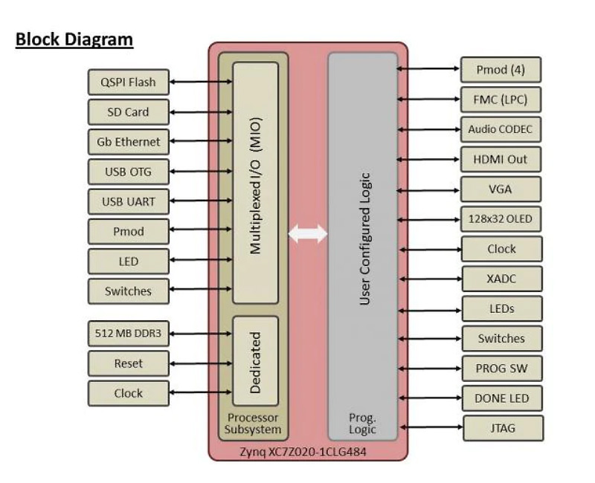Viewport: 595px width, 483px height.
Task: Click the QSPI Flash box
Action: (x=128, y=82)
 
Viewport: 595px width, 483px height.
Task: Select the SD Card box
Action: (x=128, y=112)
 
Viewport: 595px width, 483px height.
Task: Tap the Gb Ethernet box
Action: (x=128, y=142)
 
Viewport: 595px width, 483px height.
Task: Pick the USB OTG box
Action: (x=128, y=172)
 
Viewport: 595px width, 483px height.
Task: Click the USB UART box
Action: (x=128, y=201)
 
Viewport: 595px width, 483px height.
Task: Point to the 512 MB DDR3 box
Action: (x=128, y=334)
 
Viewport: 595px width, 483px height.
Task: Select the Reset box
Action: (x=128, y=363)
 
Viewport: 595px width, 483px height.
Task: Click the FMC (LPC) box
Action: (x=501, y=100)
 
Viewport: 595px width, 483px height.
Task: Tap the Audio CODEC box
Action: (x=501, y=129)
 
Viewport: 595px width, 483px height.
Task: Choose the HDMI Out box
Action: (x=501, y=159)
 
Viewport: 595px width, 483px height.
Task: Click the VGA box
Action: (x=501, y=189)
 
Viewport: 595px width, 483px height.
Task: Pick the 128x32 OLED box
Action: (x=501, y=219)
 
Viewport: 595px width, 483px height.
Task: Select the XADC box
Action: (x=501, y=279)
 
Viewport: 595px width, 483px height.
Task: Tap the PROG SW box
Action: (x=501, y=369)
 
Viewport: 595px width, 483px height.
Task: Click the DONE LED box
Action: (x=501, y=398)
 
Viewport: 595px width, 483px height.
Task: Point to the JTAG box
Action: (x=501, y=428)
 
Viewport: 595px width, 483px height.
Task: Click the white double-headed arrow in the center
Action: (x=308, y=234)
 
